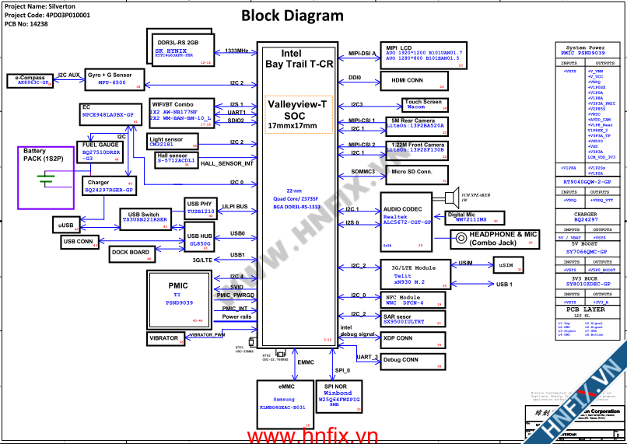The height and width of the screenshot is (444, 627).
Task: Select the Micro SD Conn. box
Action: pyautogui.click(x=414, y=172)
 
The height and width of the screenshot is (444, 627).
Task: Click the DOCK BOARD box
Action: pyautogui.click(x=131, y=253)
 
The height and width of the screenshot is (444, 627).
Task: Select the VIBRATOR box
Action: pyautogui.click(x=163, y=338)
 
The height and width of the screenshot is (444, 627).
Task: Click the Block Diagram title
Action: pyautogui.click(x=292, y=16)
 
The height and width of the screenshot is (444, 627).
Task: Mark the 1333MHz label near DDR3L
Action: pyautogui.click(x=236, y=51)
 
